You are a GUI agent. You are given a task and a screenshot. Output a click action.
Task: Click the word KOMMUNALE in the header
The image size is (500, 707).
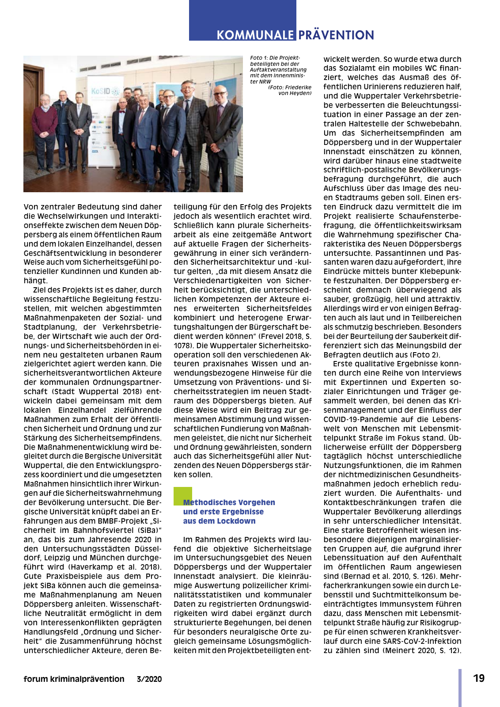255,35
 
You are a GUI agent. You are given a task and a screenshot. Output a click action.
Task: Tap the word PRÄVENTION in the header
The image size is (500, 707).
336,35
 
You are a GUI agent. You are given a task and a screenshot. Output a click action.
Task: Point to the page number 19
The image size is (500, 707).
479,678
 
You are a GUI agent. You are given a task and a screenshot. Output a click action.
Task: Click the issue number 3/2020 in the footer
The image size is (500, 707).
149,679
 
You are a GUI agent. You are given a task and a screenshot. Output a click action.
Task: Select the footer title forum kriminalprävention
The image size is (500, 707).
74,679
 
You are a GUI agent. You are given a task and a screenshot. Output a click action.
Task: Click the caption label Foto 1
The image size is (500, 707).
259,58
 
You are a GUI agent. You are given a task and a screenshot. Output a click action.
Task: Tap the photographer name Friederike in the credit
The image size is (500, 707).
298,87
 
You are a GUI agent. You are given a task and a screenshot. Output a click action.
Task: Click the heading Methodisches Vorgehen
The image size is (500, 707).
229,502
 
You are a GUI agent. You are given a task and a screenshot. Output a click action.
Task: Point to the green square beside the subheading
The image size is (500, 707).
183,495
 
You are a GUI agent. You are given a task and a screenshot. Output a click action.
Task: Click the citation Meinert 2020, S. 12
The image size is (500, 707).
422,650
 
